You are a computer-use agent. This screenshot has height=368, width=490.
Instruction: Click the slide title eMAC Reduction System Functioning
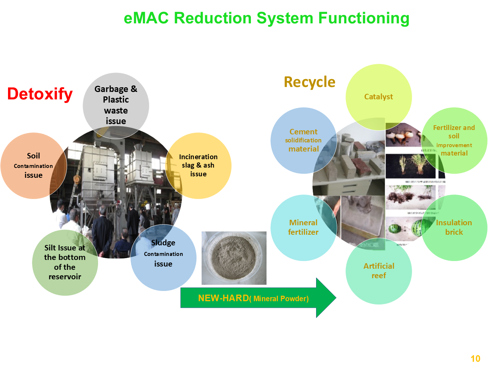point(267,18)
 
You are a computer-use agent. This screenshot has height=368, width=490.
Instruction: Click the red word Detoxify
point(40,94)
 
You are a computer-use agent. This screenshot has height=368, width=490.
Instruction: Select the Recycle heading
point(310,82)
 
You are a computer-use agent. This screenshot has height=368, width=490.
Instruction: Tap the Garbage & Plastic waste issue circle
point(116,105)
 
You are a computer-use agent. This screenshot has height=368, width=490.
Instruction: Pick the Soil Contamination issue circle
point(33,165)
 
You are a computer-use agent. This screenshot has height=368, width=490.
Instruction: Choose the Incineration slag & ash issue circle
point(198,165)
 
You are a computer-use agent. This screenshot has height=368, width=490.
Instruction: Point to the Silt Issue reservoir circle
point(65,262)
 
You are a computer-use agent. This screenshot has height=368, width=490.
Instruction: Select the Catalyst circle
point(378,97)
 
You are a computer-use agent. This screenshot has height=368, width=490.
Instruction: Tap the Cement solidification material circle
point(303,140)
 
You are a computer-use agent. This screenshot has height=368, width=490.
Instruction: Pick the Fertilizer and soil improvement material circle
point(454,140)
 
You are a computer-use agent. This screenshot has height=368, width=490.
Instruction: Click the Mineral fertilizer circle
point(303,227)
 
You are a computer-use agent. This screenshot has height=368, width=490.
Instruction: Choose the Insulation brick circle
point(454,227)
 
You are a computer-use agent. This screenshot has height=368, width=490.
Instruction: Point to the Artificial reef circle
point(378,271)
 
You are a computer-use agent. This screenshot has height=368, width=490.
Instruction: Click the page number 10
point(475,359)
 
